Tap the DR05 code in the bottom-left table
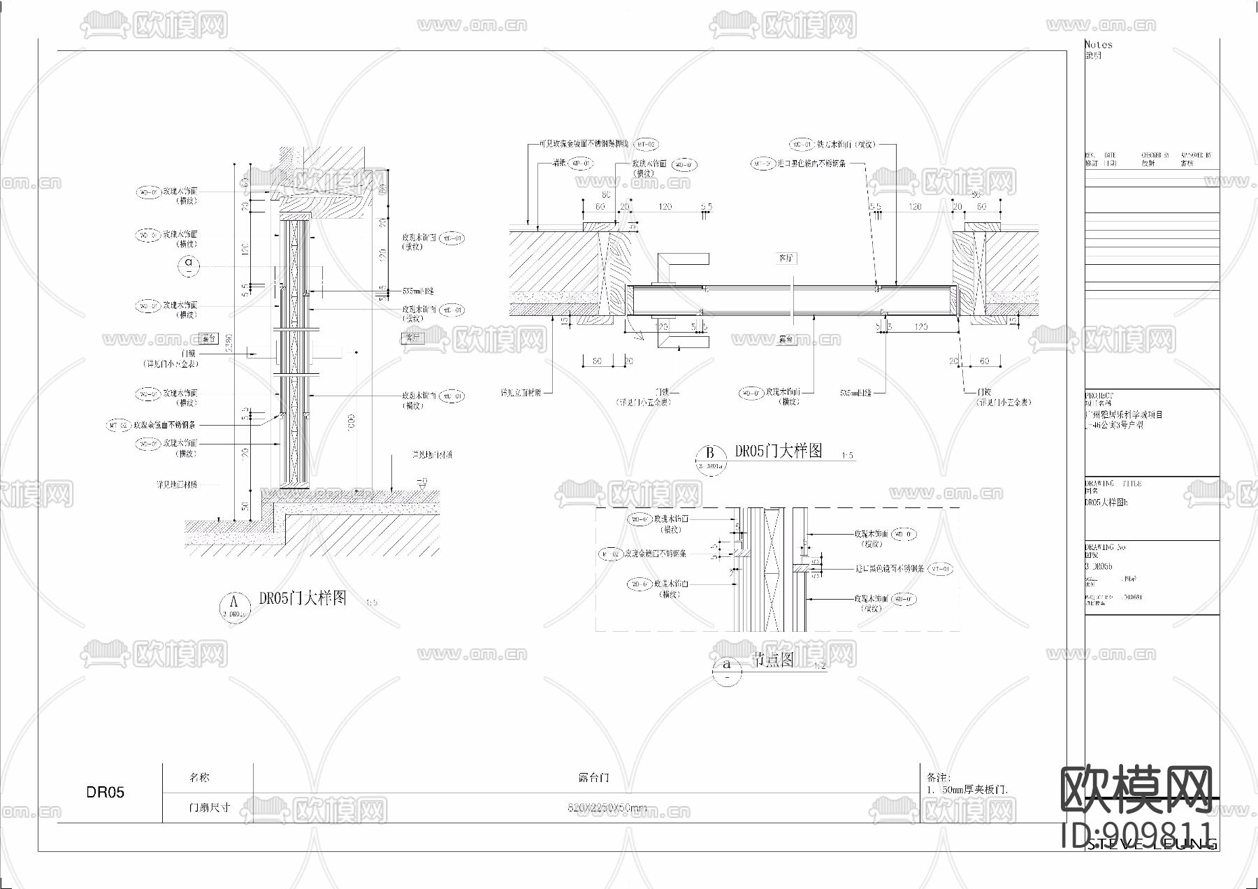tap(106, 793)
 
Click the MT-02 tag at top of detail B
tap(646, 144)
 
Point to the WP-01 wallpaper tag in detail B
tap(581, 164)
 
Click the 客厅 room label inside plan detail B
tap(786, 259)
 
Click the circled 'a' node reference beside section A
tap(189, 264)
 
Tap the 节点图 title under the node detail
tap(772, 659)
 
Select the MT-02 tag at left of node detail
tap(610, 554)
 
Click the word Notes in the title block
tap(1098, 44)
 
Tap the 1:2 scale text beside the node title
tap(820, 666)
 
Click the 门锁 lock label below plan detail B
tap(661, 392)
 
